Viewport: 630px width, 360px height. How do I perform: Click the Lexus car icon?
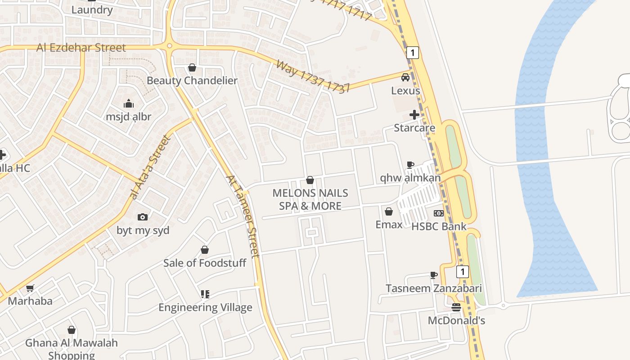click(405, 77)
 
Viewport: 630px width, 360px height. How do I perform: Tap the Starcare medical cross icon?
click(414, 115)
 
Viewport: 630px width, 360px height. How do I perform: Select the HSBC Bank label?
click(439, 226)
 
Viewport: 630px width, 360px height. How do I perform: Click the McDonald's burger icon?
click(456, 307)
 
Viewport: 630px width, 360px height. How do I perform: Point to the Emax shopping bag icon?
click(389, 211)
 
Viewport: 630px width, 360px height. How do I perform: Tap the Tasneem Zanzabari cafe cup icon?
click(433, 275)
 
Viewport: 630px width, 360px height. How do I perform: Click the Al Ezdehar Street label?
click(81, 48)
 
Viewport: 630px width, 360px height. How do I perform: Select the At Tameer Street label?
click(243, 216)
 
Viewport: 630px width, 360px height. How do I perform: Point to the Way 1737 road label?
click(313, 76)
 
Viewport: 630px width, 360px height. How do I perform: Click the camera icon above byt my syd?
click(143, 217)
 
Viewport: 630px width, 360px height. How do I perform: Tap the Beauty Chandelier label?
click(192, 81)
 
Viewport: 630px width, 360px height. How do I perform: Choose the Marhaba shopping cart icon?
click(30, 288)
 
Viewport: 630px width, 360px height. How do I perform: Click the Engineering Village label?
click(205, 308)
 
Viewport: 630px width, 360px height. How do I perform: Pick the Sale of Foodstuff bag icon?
click(205, 250)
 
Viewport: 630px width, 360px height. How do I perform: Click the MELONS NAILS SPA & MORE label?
click(310, 199)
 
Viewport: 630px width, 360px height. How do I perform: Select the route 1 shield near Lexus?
click(412, 53)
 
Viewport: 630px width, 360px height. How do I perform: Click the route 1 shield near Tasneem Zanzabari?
click(462, 272)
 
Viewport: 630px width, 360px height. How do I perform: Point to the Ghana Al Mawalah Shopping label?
click(71, 349)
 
